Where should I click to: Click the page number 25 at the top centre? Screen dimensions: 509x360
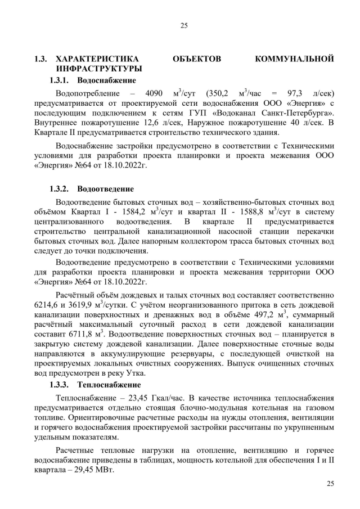coord(183,25)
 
